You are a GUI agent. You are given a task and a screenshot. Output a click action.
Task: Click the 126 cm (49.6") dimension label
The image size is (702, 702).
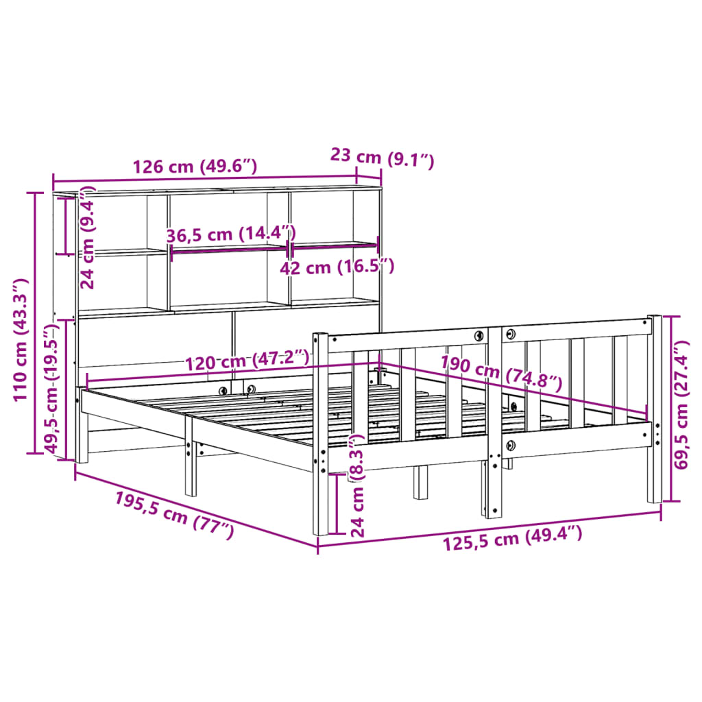point(195,167)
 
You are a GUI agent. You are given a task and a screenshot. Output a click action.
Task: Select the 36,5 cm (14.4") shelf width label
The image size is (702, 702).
point(230,234)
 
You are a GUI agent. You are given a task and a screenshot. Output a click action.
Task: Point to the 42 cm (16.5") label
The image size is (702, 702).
point(337,267)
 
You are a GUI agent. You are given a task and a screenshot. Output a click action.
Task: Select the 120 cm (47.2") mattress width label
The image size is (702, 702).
point(246,359)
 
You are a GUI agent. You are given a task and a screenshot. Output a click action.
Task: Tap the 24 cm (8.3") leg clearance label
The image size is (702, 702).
point(357,485)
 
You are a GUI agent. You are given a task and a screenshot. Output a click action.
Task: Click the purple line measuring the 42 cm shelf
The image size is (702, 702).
point(335,244)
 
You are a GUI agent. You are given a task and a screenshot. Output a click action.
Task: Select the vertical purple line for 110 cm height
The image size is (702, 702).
point(32,322)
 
